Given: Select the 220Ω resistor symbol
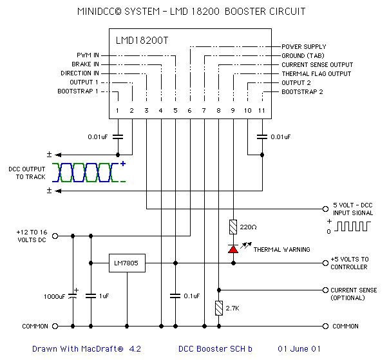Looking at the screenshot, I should (232, 227).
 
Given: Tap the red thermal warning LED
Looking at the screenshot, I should (232, 249).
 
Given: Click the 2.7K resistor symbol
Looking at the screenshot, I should (219, 308).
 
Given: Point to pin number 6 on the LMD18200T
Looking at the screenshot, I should (189, 111).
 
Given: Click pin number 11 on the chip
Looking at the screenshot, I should (262, 111).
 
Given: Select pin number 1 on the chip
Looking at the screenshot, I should (117, 111).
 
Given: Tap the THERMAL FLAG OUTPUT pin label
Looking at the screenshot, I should (316, 74).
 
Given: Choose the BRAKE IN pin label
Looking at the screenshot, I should (85, 64).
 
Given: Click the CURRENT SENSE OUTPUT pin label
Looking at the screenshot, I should (317, 65).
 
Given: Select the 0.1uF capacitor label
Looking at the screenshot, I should (191, 296).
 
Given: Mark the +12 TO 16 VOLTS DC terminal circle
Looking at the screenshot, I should (55, 236).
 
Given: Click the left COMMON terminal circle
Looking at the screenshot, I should (55, 326).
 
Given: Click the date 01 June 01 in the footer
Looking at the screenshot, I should (299, 349).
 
